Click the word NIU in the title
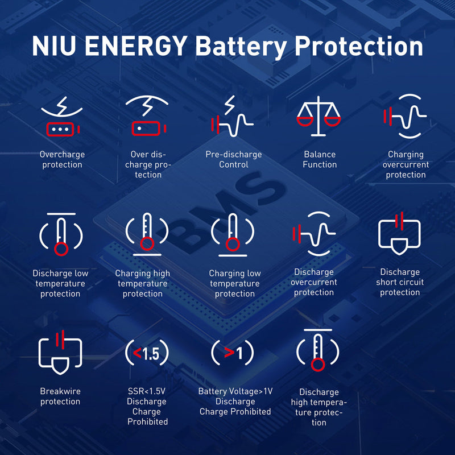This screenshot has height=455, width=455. click(54, 45)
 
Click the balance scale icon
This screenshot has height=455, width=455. click(318, 116)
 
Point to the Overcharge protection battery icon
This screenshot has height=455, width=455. click(62, 116)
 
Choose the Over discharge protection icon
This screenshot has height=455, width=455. click(147, 115)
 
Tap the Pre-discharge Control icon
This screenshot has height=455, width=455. click(232, 116)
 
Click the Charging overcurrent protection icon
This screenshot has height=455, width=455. click(405, 116)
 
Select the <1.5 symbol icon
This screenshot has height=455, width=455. click(147, 353)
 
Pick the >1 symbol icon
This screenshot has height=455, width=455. click(233, 353)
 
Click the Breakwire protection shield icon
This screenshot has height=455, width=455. click(60, 352)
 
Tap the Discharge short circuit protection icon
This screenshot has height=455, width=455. click(400, 234)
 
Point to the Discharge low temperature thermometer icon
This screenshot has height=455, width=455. click(61, 234)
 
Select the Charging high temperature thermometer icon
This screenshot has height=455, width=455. click(147, 234)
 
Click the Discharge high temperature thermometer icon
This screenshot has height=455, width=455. click(318, 350)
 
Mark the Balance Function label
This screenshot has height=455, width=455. click(320, 159)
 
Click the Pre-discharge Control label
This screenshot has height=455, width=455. click(234, 159)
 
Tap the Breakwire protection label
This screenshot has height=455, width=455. click(60, 396)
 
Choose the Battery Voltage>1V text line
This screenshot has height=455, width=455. click(235, 391)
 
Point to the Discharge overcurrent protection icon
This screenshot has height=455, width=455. click(315, 234)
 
